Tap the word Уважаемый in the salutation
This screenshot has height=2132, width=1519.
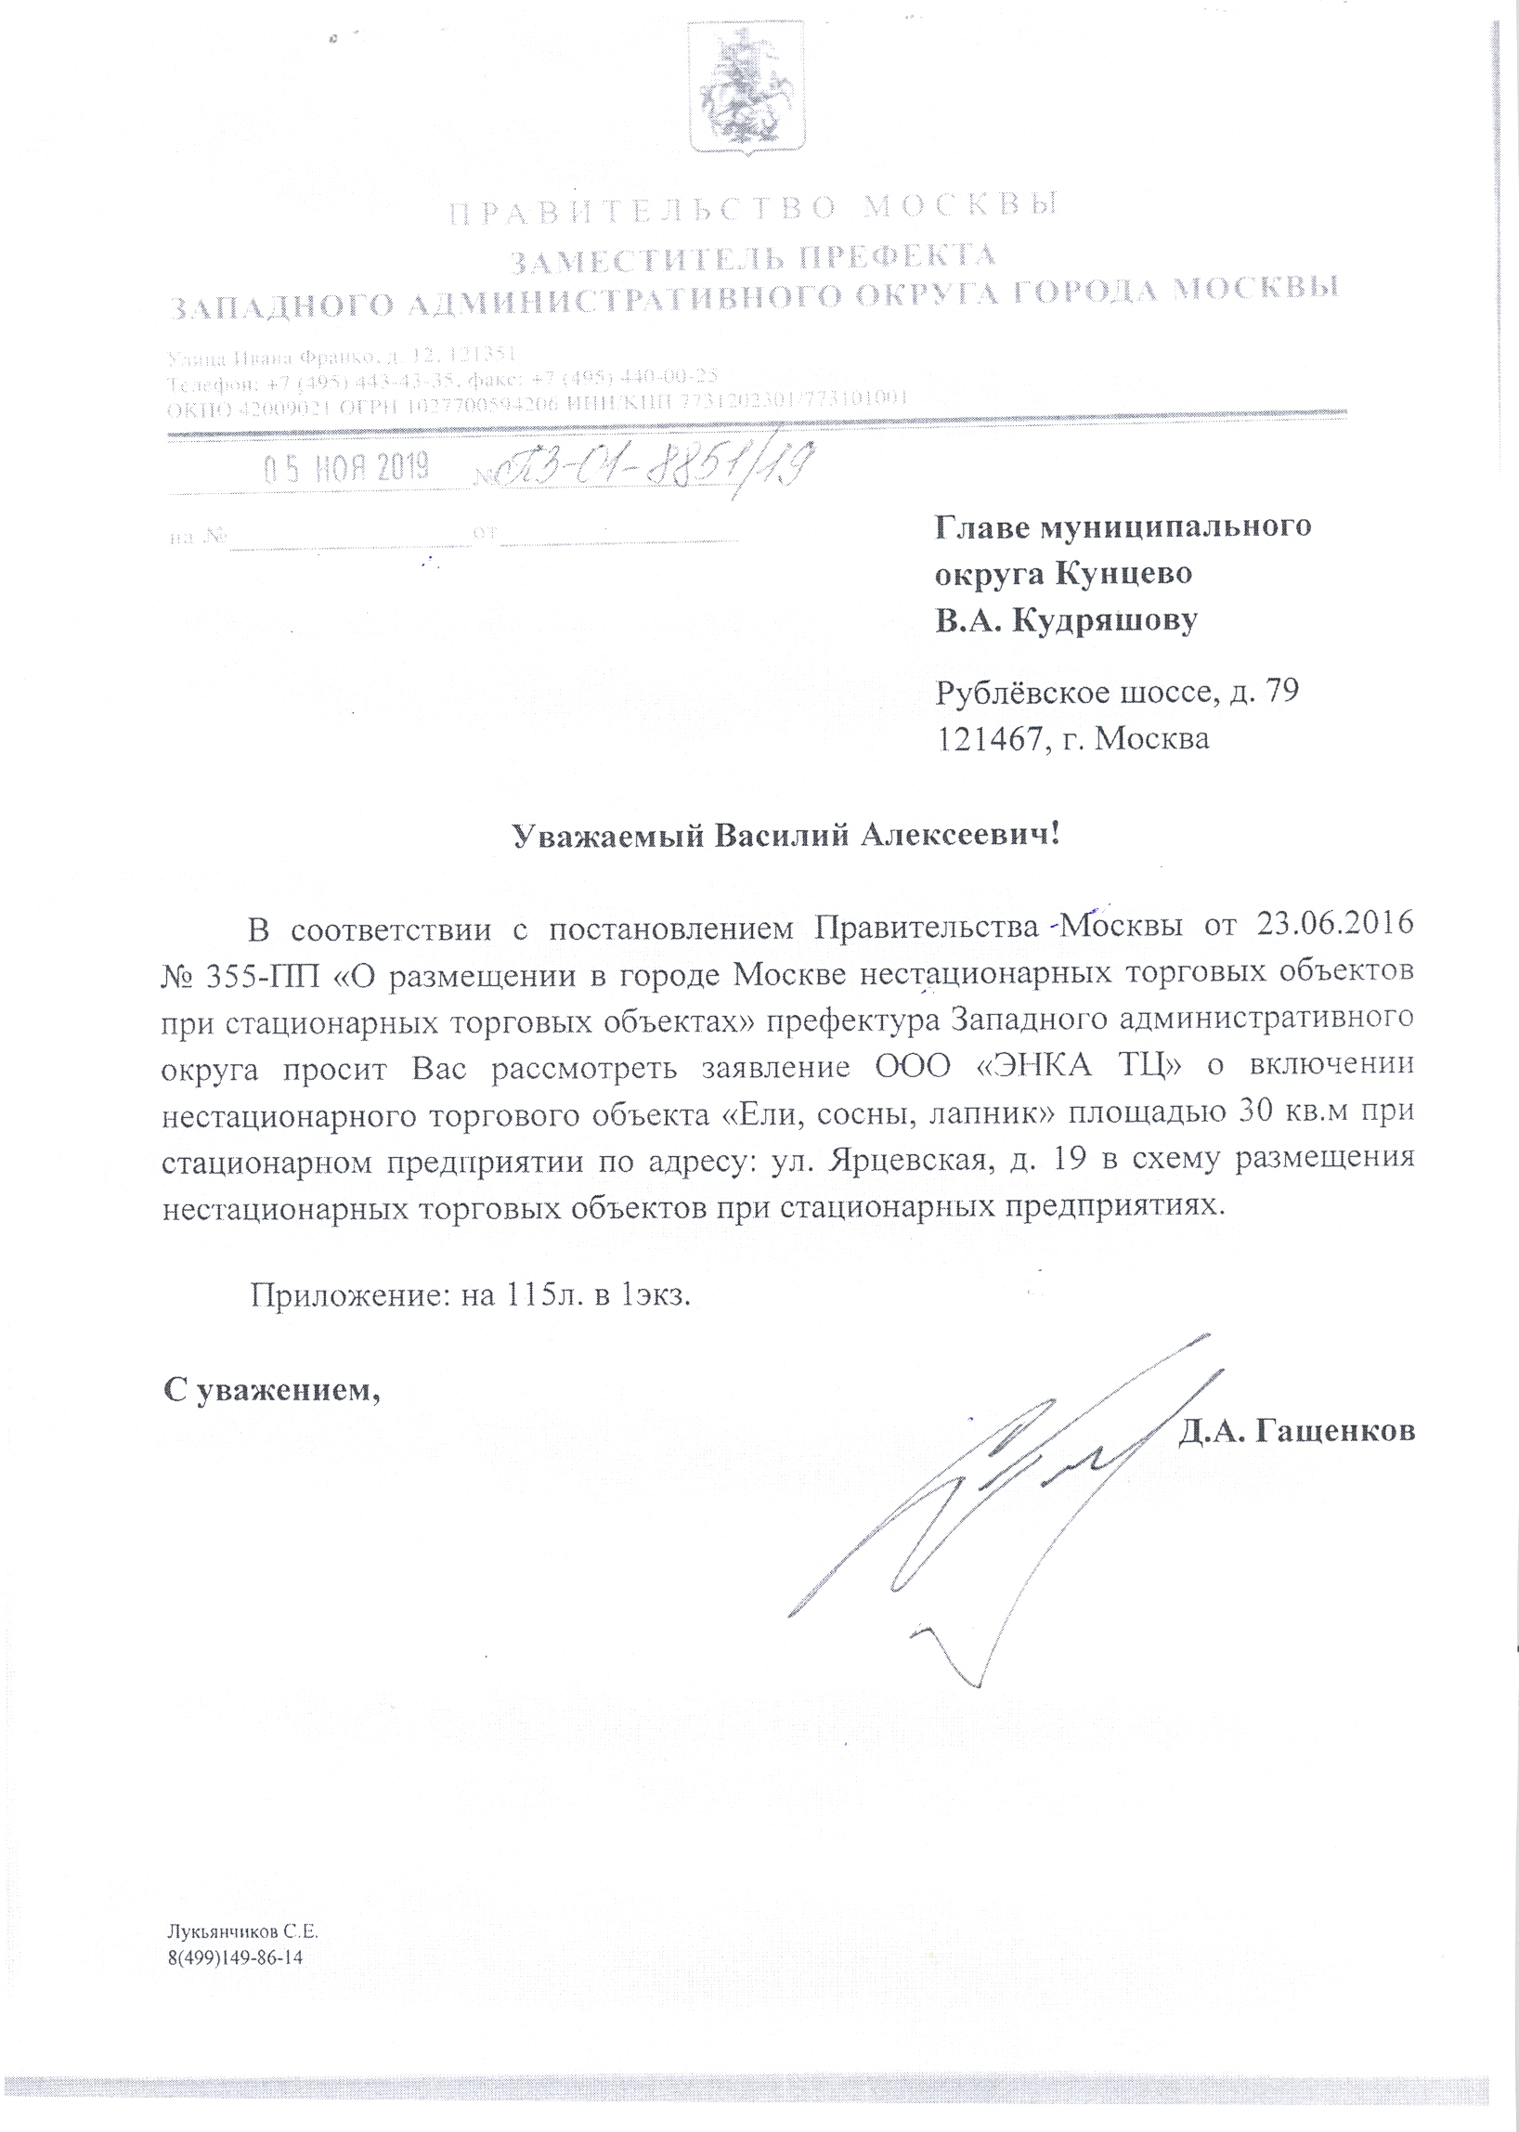click(x=609, y=835)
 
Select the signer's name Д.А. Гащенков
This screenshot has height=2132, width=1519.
click(x=1296, y=1430)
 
